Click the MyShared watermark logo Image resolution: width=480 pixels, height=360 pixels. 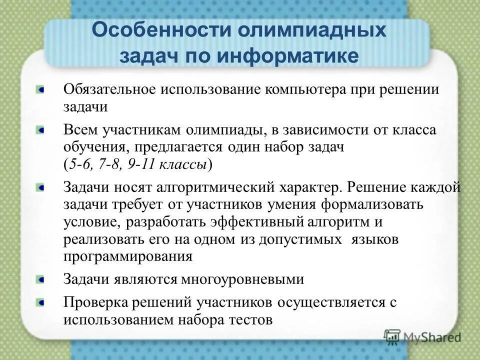click(x=422, y=337)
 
